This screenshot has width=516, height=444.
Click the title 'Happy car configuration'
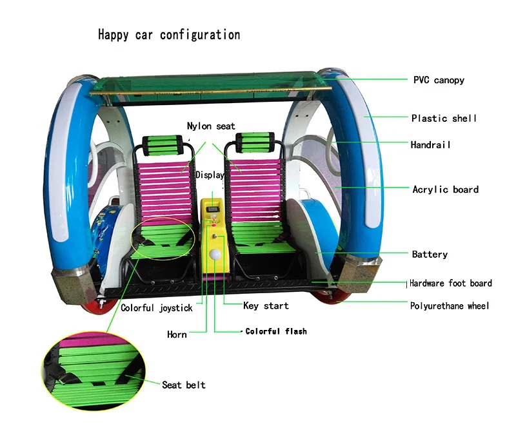pyautogui.click(x=169, y=34)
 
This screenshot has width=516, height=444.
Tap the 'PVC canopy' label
pyautogui.click(x=439, y=80)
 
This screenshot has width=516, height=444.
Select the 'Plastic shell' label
pyautogui.click(x=444, y=118)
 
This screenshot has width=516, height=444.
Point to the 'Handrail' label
pyautogui.click(x=430, y=145)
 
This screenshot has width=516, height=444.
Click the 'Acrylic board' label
pyautogui.click(x=445, y=189)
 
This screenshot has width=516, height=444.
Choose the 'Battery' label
pyautogui.click(x=430, y=254)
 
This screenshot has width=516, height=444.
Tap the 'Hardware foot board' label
pyautogui.click(x=451, y=283)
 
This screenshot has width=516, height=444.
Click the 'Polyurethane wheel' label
pyautogui.click(x=450, y=305)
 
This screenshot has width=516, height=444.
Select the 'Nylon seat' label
pyautogui.click(x=211, y=126)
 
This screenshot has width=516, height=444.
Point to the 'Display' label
pyautogui.click(x=210, y=175)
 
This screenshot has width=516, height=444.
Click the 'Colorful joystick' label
pyautogui.click(x=156, y=308)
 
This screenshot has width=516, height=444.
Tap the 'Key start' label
pyautogui.click(x=266, y=305)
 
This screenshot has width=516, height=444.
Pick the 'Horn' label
pyautogui.click(x=177, y=334)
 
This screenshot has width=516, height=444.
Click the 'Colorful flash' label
pyautogui.click(x=276, y=331)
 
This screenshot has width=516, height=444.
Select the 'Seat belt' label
pyautogui.click(x=184, y=385)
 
